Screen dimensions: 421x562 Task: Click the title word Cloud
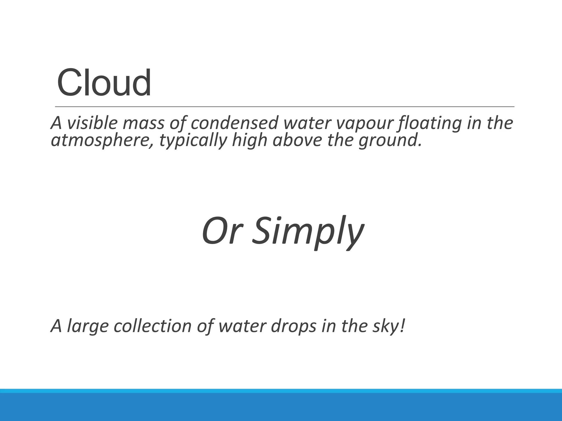pos(104,83)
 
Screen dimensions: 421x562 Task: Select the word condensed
pos(234,123)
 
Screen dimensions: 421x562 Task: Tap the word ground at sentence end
pos(390,141)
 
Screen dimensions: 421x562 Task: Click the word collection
pos(152,326)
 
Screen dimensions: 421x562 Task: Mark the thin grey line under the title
pos(285,106)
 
